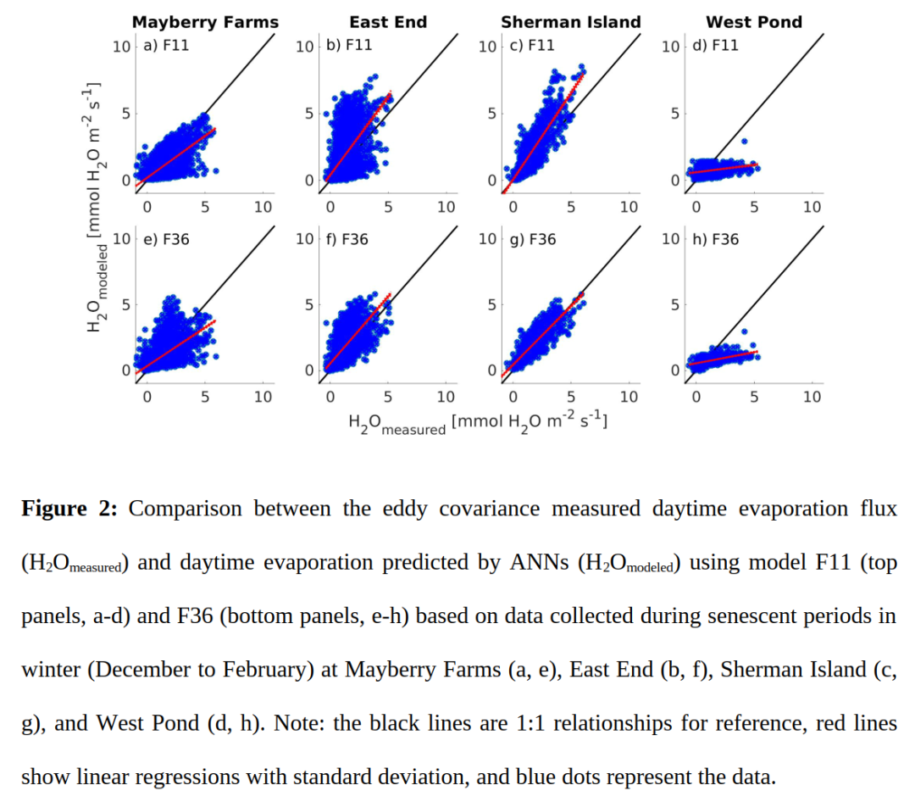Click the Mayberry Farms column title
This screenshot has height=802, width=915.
point(205,23)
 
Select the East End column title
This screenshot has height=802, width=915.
point(388,23)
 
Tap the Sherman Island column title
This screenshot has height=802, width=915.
point(570,23)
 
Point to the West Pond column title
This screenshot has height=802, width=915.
point(754,23)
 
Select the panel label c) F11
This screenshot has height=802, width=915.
point(532,45)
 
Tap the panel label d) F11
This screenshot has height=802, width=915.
point(715,45)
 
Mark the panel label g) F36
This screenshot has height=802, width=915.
point(532,239)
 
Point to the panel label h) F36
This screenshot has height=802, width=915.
point(715,239)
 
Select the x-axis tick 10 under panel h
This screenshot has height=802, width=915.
point(812,397)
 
